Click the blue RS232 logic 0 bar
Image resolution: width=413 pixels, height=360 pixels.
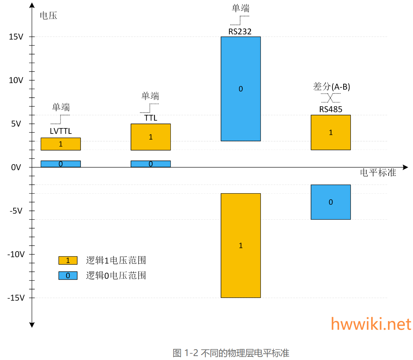[240, 89]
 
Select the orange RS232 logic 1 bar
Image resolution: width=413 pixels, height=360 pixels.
[240, 245]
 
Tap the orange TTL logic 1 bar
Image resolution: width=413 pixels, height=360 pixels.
[151, 137]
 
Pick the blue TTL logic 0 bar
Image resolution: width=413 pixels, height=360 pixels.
[151, 164]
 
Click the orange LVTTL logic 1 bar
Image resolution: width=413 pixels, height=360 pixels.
[60, 144]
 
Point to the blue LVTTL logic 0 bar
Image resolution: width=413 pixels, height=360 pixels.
[60, 164]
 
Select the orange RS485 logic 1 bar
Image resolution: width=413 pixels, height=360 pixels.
[331, 132]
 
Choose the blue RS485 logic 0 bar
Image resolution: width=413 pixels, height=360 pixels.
[331, 202]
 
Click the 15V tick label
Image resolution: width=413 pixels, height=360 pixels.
[16, 37]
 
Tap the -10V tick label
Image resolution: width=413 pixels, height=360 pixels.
[16, 254]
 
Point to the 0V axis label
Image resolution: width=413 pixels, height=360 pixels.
[16, 167]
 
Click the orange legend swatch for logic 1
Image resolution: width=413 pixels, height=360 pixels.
[68, 261]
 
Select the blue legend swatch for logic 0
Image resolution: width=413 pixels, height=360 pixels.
[68, 276]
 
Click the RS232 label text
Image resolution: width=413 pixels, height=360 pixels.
[240, 31]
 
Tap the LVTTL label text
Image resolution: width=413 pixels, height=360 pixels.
[61, 131]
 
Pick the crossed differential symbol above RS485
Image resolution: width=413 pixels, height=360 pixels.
[331, 98]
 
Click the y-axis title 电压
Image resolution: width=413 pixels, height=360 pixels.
[48, 16]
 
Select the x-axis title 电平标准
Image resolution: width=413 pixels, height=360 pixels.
[378, 172]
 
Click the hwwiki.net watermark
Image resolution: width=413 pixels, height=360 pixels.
[371, 324]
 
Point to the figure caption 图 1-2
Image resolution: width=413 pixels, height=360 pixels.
[231, 353]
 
